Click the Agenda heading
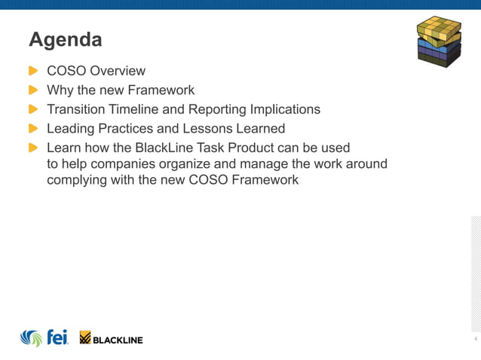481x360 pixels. click(x=65, y=38)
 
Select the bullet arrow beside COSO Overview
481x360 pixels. click(x=33, y=71)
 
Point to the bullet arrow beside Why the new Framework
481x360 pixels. click(x=33, y=90)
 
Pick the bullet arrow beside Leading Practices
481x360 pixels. click(x=33, y=128)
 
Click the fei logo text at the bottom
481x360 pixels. click(x=57, y=337)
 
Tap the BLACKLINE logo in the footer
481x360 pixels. click(x=112, y=339)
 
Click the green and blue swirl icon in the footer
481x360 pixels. click(x=31, y=338)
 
